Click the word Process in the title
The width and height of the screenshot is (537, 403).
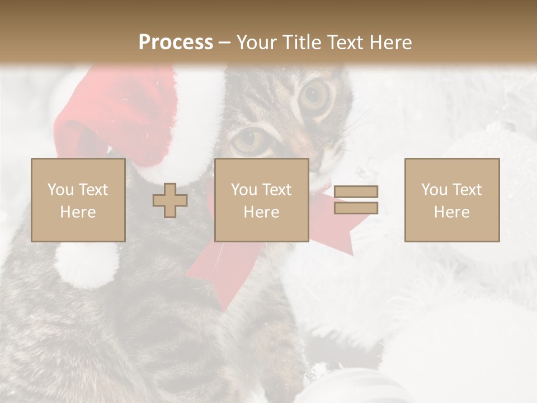tap(176, 42)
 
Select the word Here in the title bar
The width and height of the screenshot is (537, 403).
tap(389, 42)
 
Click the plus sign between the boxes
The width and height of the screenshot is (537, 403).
tap(170, 200)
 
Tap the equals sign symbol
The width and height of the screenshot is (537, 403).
tap(356, 200)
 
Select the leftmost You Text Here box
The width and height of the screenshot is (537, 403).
tap(78, 200)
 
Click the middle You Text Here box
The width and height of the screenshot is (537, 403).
tap(261, 200)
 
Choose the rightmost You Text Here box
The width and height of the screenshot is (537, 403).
tap(451, 200)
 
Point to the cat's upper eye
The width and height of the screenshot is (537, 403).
tap(315, 96)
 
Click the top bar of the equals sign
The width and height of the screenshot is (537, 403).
tap(356, 191)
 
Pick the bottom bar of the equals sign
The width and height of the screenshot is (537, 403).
tap(356, 208)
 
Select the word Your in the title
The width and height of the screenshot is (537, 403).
tap(257, 42)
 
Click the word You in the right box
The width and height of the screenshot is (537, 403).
tap(434, 190)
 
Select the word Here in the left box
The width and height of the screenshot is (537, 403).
tap(78, 212)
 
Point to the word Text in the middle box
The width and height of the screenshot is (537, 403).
tap(276, 190)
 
